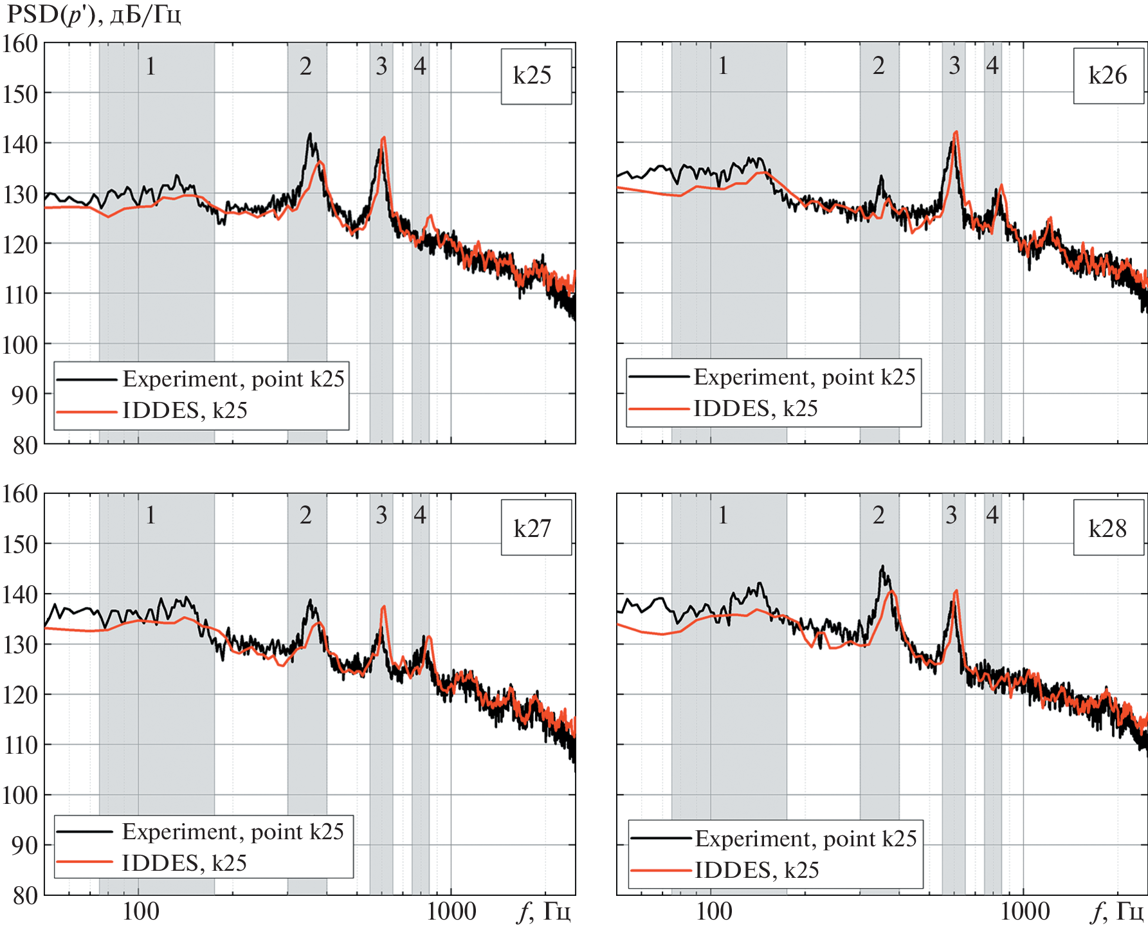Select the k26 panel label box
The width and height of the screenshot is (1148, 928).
tap(1108, 76)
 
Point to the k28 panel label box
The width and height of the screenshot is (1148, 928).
tap(1108, 528)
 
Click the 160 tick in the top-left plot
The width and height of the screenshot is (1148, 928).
tap(20, 44)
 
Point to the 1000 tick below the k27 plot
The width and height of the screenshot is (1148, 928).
tap(453, 912)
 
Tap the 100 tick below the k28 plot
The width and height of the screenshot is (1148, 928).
tap(714, 912)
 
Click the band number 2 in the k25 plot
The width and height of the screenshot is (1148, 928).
tap(305, 66)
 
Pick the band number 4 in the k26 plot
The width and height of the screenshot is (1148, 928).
tap(992, 65)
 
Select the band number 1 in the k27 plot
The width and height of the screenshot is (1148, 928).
tap(150, 515)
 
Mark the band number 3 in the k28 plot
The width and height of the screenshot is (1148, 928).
tap(952, 515)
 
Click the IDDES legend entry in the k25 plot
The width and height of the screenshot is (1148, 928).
tap(185, 410)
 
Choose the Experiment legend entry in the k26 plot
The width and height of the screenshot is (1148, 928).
tap(805, 377)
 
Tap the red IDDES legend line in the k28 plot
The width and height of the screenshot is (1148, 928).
tap(661, 871)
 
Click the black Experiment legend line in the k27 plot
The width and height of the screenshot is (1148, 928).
tap(86, 832)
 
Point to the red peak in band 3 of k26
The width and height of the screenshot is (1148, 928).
tap(956, 132)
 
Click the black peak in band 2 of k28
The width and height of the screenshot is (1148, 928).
tap(882, 567)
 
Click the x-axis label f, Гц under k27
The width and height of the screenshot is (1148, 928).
tap(544, 912)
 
